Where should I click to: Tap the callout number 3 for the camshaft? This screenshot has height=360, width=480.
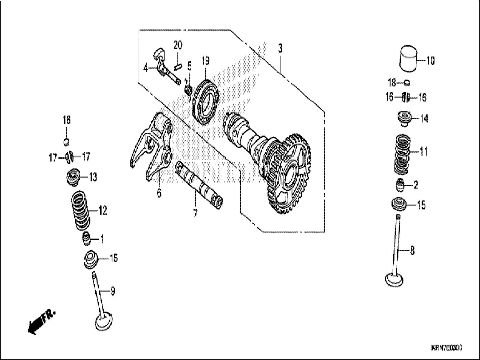point(280,49)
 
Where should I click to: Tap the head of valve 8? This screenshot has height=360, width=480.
point(395,279)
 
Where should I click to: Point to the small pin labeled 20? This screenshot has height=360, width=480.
point(177,66)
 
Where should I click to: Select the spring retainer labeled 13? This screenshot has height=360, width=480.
point(73,177)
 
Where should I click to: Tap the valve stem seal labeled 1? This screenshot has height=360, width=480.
point(86,239)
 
